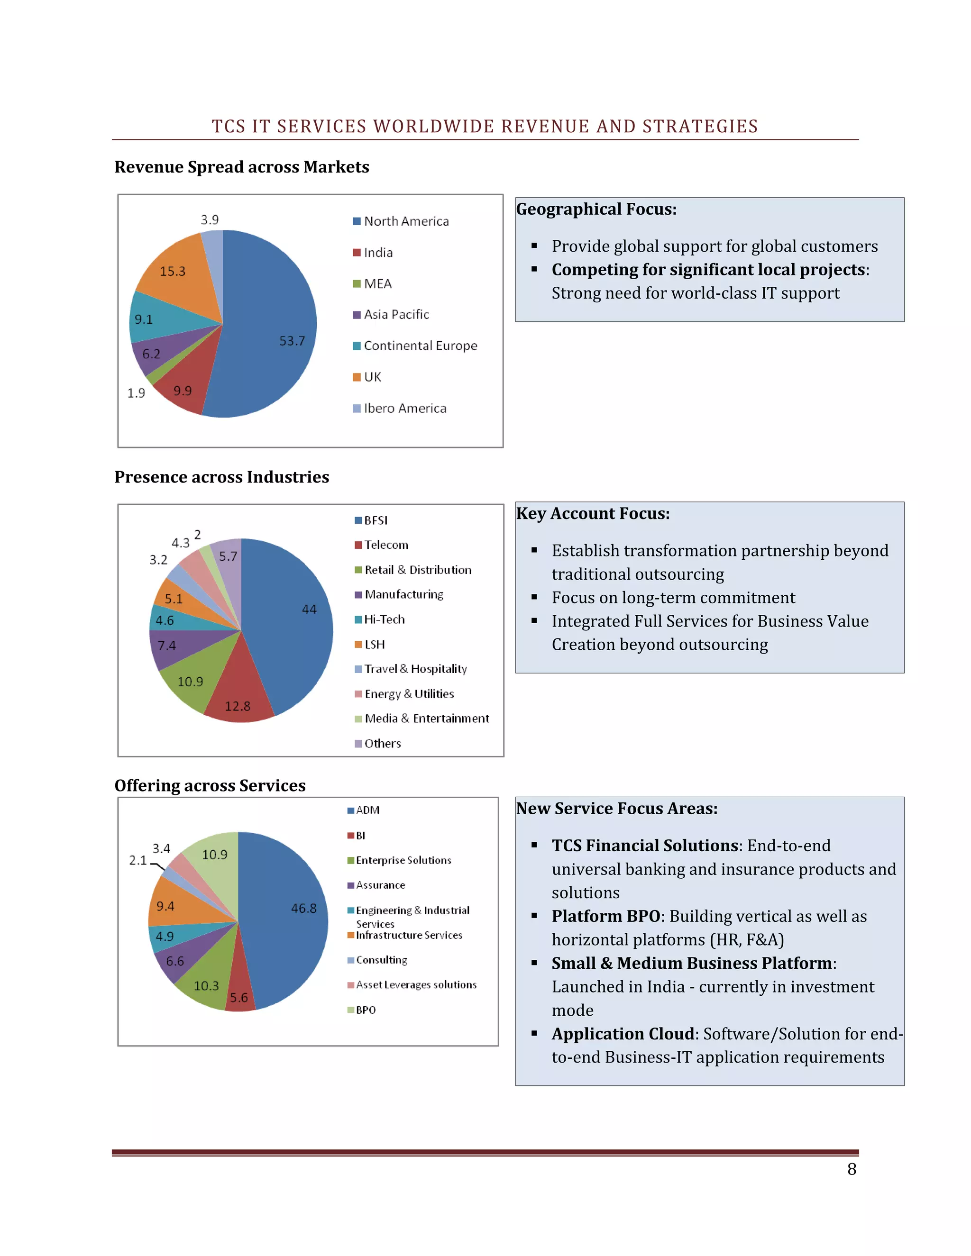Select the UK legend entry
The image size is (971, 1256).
[372, 377]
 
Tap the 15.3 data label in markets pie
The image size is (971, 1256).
[173, 272]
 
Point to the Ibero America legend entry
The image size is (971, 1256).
[404, 408]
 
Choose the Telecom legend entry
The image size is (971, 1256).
[386, 545]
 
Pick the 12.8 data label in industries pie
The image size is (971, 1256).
[238, 706]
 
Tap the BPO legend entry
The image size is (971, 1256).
[365, 1010]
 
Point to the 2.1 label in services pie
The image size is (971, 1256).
[138, 860]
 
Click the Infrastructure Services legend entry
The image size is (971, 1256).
[408, 935]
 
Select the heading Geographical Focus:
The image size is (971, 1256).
[596, 209]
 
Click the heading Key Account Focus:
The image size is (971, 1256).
[593, 514]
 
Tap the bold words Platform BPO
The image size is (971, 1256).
[605, 916]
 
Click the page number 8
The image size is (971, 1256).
[852, 1169]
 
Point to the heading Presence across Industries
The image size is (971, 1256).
[221, 477]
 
